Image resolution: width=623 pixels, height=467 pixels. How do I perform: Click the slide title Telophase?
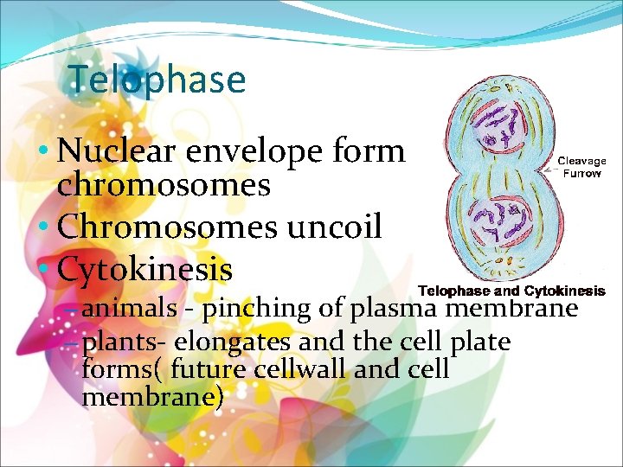point(157,80)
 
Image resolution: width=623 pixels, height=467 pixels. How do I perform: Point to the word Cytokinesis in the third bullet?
point(145,269)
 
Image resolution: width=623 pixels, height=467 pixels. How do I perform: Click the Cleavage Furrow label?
point(581,167)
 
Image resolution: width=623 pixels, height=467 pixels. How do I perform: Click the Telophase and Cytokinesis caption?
point(511,291)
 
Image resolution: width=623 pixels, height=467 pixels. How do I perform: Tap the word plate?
point(481,342)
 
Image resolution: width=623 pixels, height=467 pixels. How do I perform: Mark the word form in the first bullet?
point(369,151)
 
